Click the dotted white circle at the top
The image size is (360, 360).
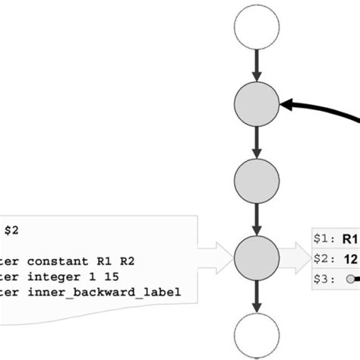[257, 27]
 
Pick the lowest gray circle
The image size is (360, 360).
[257, 257]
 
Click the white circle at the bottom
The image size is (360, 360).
[257, 334]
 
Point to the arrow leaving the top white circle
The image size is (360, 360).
[257, 65]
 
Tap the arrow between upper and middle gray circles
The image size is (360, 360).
[257, 142]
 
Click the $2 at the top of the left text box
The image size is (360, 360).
[13, 229]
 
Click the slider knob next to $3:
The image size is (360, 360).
[350, 279]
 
